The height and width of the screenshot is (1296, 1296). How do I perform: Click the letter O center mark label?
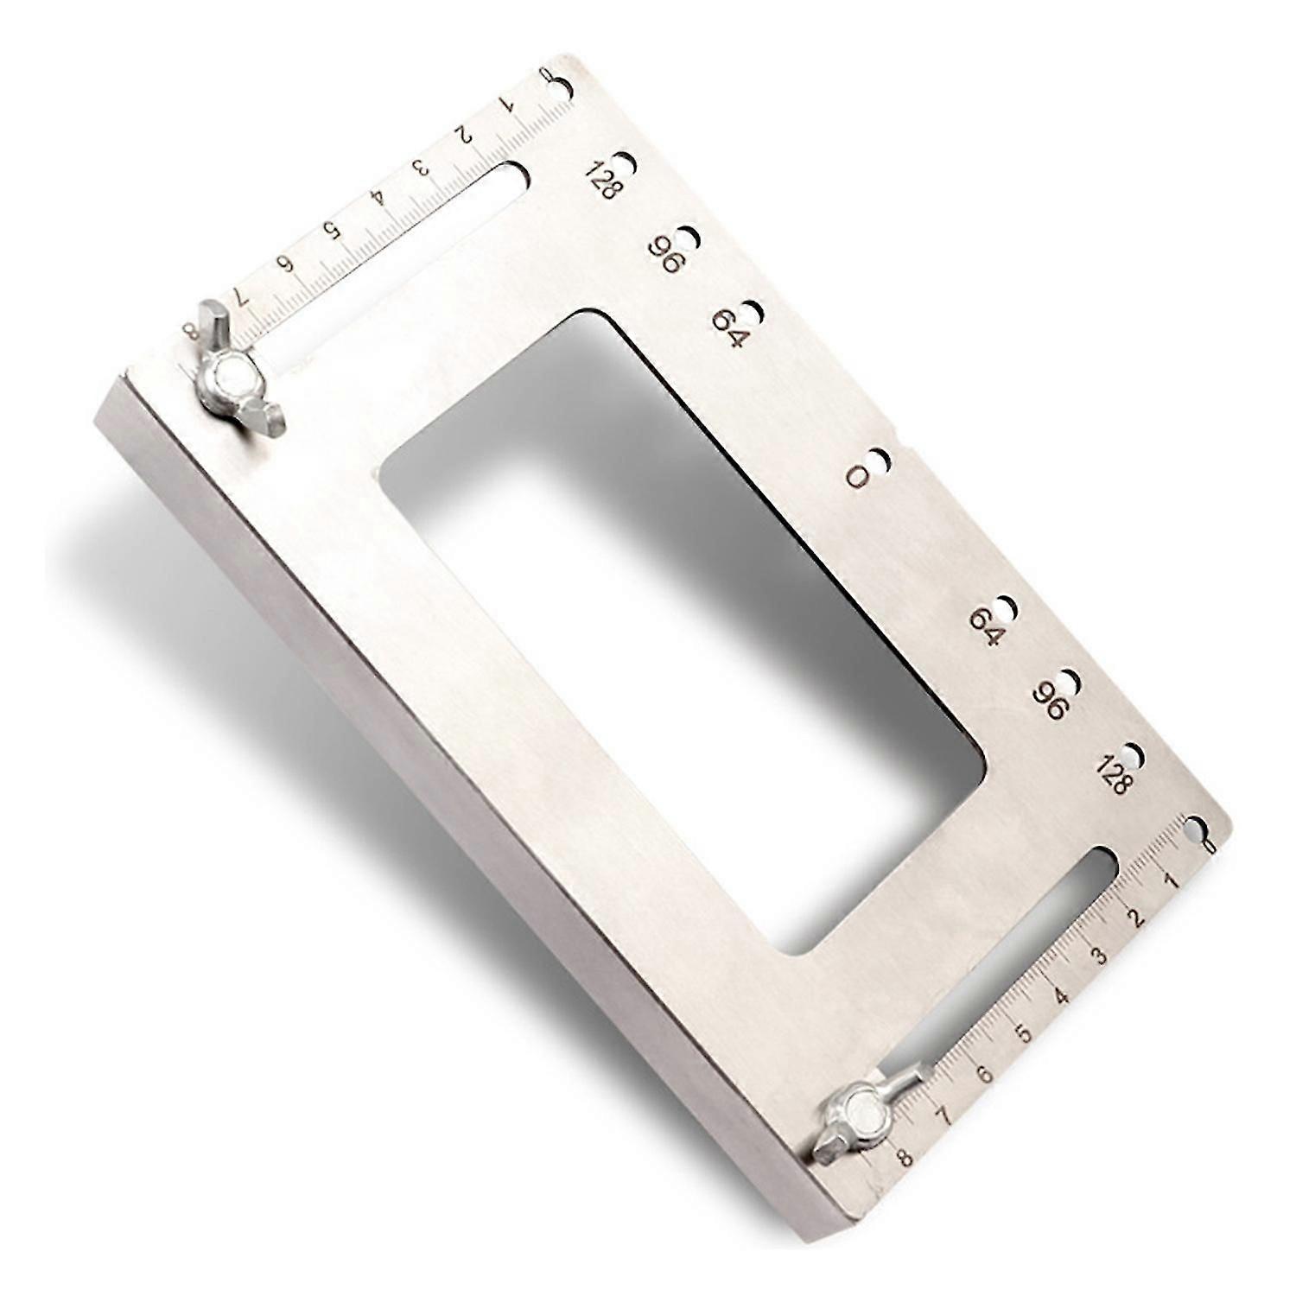click(x=858, y=477)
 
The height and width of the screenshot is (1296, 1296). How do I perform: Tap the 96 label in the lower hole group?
click(x=1054, y=698)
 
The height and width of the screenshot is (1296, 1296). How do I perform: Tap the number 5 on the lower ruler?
click(x=1022, y=1033)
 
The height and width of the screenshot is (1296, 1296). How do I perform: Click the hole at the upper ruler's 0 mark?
click(x=563, y=87)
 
